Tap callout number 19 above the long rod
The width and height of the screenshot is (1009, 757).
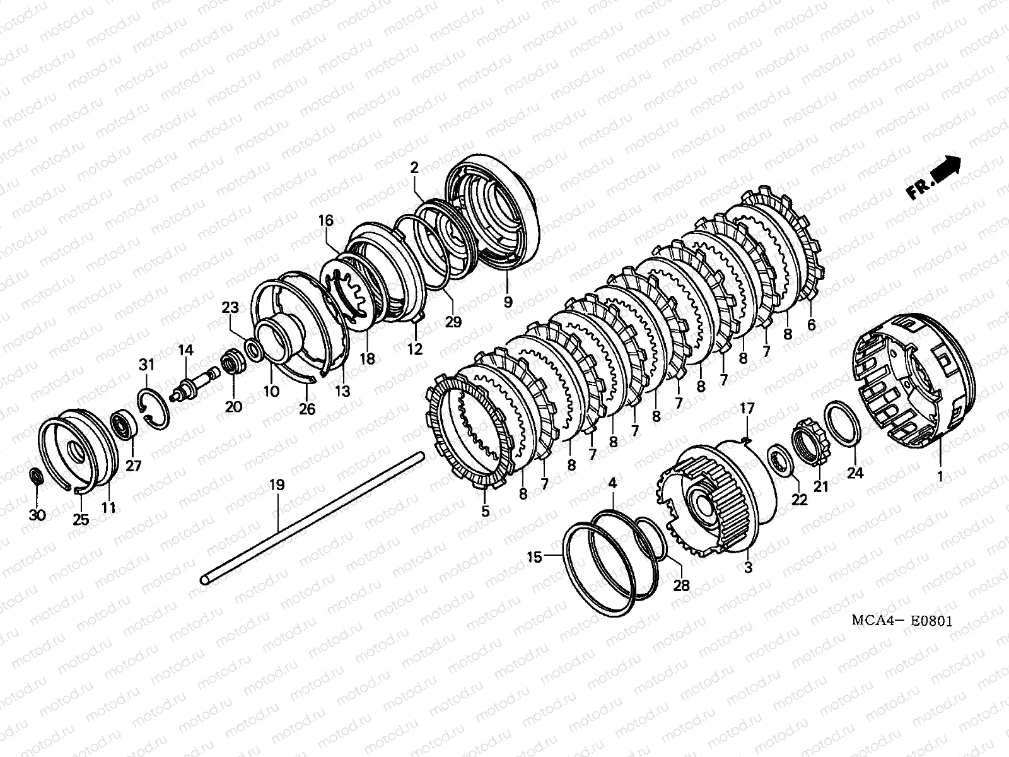[277, 484]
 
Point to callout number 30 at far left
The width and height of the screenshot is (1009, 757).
[37, 515]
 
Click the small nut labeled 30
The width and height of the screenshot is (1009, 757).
[37, 476]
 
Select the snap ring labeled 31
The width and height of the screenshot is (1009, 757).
[154, 409]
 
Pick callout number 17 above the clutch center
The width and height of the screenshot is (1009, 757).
[747, 409]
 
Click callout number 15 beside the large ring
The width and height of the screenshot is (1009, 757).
[534, 557]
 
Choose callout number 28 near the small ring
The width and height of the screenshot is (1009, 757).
[681, 585]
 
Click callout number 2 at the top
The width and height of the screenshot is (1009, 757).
[414, 168]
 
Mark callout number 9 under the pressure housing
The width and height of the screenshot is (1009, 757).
[508, 302]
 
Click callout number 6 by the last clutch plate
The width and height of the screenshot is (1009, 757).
[811, 325]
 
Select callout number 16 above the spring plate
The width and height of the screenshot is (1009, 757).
[325, 220]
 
